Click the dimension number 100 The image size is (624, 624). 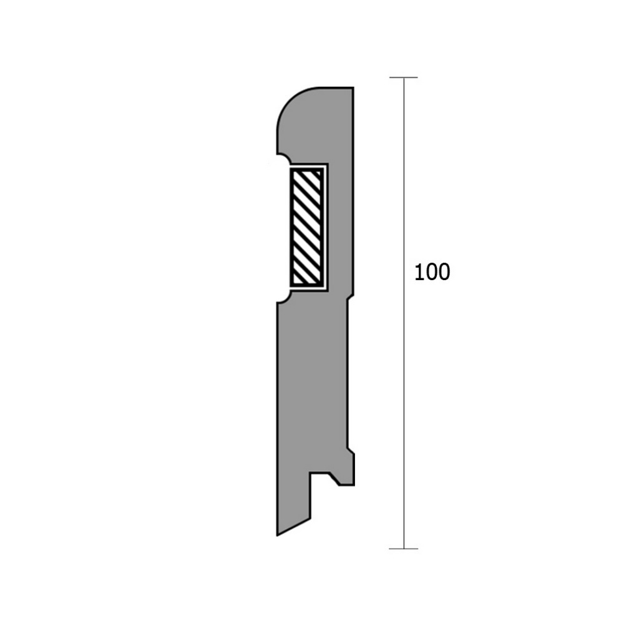click(432, 272)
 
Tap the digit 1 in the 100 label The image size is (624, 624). click(419, 272)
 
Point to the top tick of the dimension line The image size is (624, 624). click(404, 77)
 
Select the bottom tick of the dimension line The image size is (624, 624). click(404, 548)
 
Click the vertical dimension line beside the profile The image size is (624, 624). click(404, 313)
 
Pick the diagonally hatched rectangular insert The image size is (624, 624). click(306, 227)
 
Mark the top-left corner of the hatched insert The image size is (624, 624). click(290, 168)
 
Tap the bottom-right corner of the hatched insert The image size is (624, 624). click(323, 286)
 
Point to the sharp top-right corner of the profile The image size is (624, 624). click(353, 87)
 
